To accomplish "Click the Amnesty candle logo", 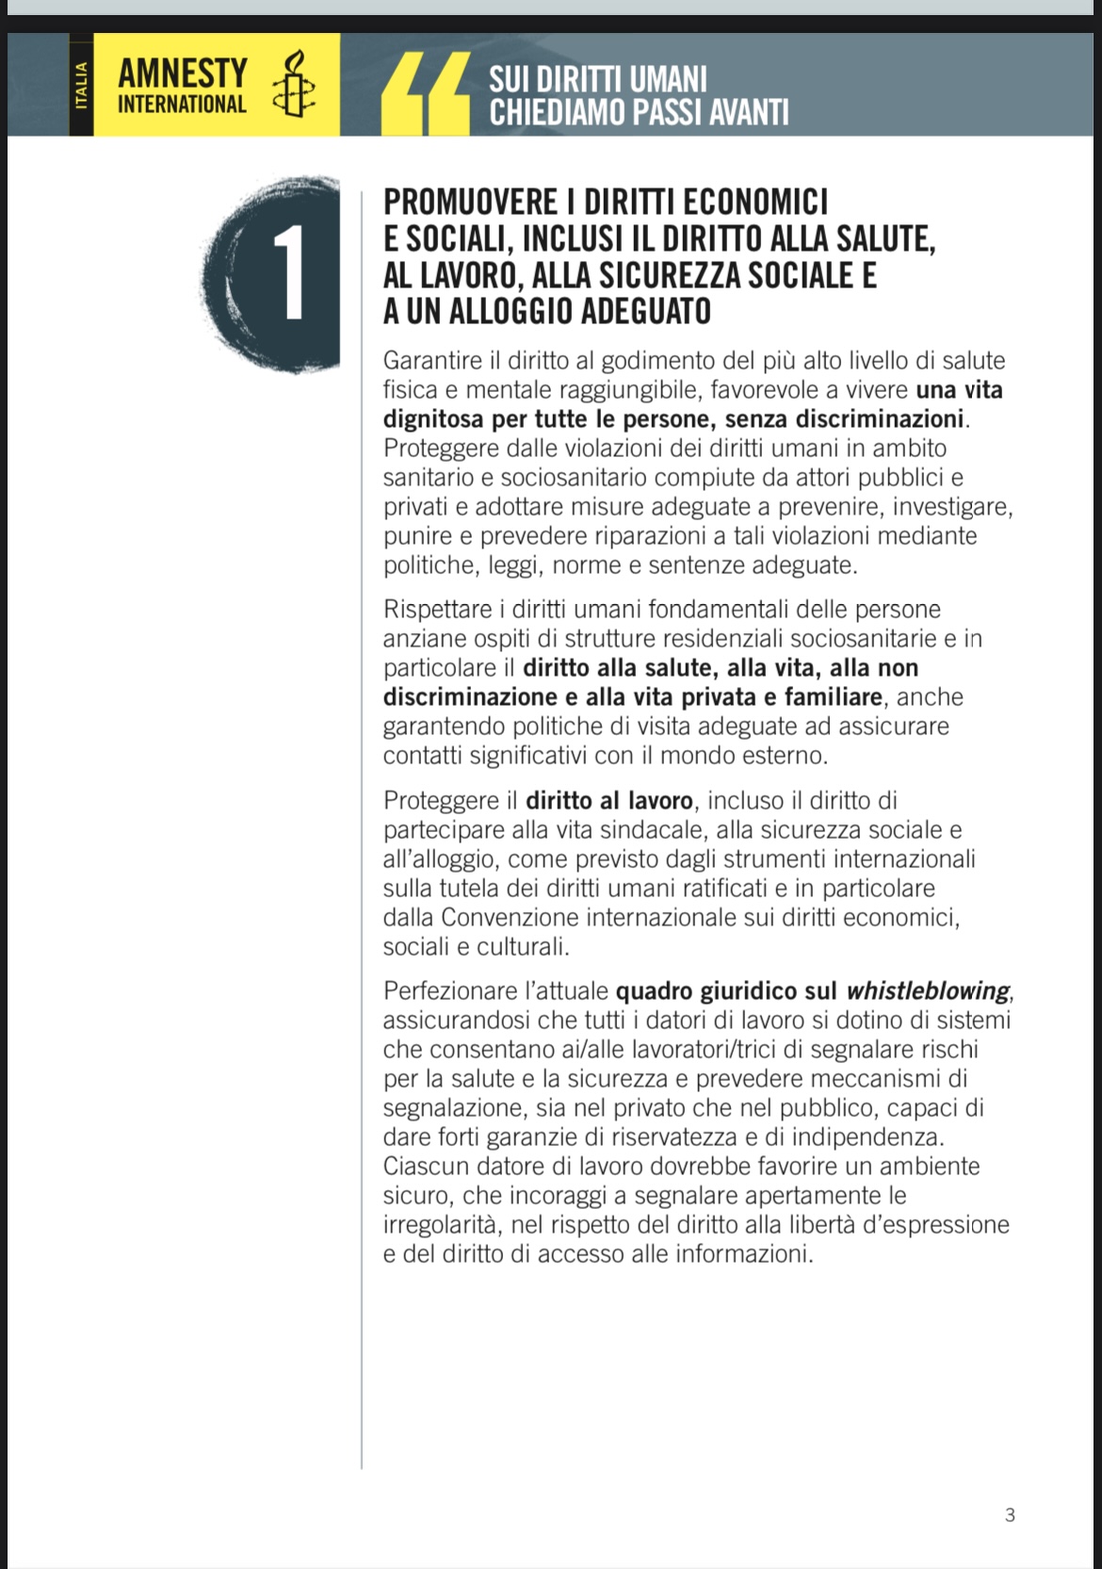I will (293, 85).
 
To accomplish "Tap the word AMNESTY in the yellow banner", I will (183, 73).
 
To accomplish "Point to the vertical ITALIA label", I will (81, 85).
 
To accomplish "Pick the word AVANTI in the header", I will (747, 113).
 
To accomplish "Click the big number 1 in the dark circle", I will (288, 273).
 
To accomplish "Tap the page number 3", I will (1010, 1515).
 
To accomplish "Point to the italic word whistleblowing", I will (927, 991).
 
